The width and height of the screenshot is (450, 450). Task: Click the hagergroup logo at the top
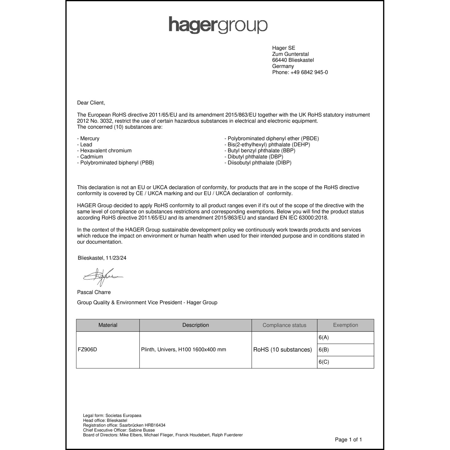pyautogui.click(x=218, y=25)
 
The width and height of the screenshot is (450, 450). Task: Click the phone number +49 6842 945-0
pyautogui.click(x=309, y=72)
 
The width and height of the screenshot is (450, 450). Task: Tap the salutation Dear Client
pyautogui.click(x=91, y=103)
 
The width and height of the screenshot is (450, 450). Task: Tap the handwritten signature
pyautogui.click(x=102, y=277)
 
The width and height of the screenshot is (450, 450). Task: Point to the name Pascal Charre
pyautogui.click(x=94, y=292)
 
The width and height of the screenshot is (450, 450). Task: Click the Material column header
pyautogui.click(x=108, y=325)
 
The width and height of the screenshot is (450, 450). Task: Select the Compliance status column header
pyautogui.click(x=284, y=325)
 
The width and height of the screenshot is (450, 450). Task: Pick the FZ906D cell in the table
pyautogui.click(x=87, y=349)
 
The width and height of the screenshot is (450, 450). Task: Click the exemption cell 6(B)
pyautogui.click(x=324, y=349)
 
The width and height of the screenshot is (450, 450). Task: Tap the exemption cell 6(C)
pyautogui.click(x=324, y=362)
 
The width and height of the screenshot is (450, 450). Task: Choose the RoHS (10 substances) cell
pyautogui.click(x=283, y=349)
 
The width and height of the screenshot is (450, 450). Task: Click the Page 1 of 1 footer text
pyautogui.click(x=348, y=440)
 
